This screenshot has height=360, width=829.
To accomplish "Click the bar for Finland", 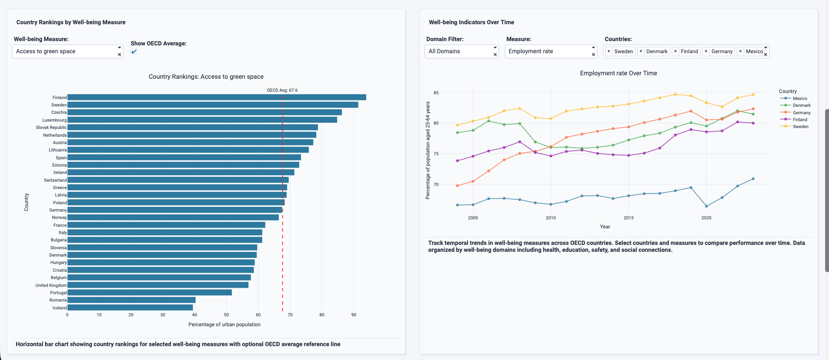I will [x=216, y=97].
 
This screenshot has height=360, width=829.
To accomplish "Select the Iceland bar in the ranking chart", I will [x=130, y=308].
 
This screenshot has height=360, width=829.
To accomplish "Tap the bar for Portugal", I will [x=149, y=292].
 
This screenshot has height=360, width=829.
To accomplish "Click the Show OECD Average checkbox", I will [x=134, y=51].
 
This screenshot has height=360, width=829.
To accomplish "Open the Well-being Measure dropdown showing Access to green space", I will [x=65, y=51].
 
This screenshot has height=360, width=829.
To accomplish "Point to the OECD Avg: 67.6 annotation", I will [x=282, y=90].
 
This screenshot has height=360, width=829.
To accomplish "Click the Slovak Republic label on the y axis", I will [x=51, y=128].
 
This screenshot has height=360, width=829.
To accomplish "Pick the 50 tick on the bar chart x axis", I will [x=226, y=315].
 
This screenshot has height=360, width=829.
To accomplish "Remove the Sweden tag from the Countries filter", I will [x=609, y=51].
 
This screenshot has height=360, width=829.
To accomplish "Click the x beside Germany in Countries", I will [x=706, y=51].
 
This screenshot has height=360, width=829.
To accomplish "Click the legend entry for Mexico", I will [x=800, y=99].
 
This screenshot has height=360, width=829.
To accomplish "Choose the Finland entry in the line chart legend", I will [x=800, y=120].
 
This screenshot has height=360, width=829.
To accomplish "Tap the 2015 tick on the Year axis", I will [x=629, y=218].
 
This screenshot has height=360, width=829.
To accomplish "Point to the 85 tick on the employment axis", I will [x=436, y=93].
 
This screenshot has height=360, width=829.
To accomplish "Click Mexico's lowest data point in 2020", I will [x=706, y=206].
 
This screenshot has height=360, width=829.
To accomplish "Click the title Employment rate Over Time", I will [x=618, y=73].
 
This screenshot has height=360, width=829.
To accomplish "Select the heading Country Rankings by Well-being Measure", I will [x=71, y=22].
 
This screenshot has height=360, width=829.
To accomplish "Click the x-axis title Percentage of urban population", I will [x=224, y=325].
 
